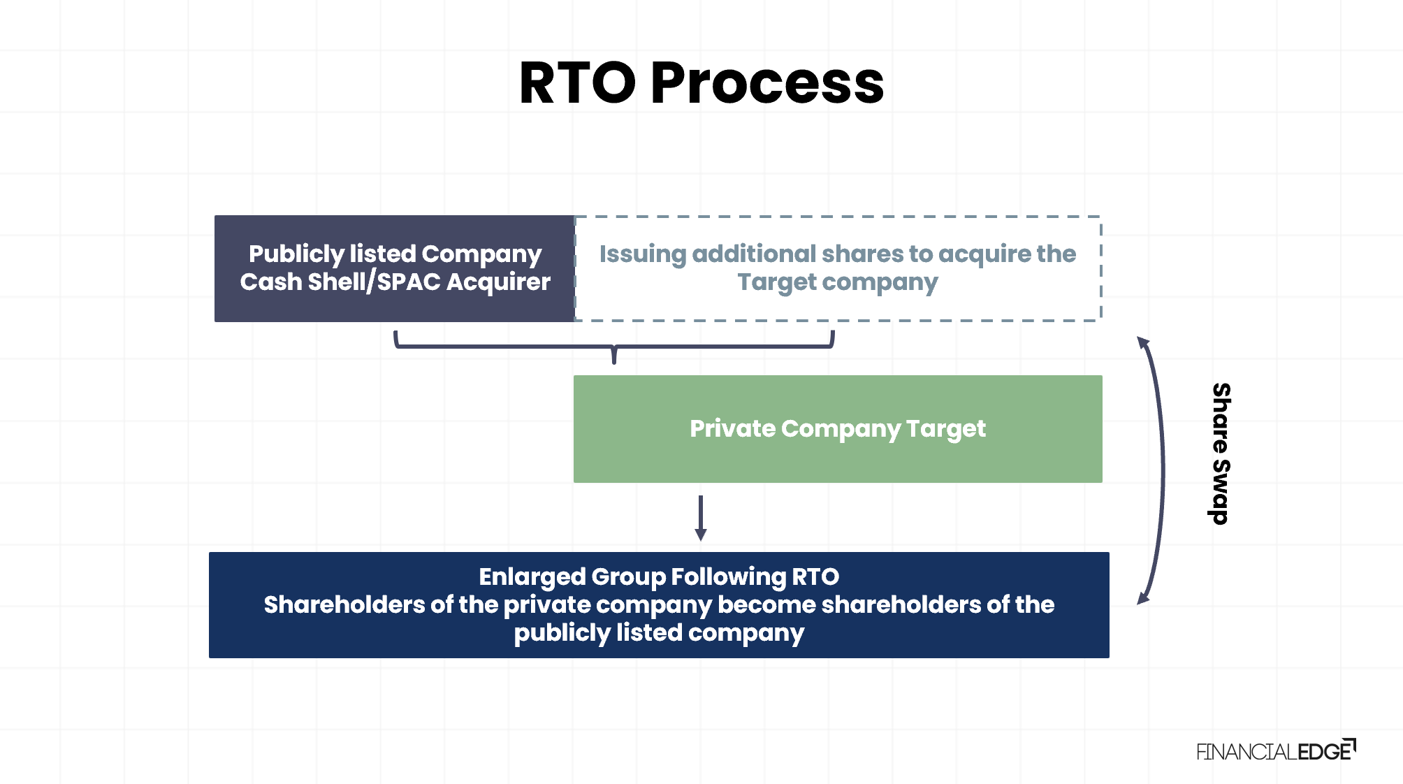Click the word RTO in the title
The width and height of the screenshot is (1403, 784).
click(577, 83)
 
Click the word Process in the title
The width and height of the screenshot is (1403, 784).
click(767, 83)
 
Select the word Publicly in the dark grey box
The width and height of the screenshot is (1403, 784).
click(296, 254)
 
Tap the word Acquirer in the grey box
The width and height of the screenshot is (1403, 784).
click(498, 282)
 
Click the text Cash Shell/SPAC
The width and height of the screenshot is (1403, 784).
click(340, 282)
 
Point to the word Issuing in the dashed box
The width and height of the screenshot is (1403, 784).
click(642, 254)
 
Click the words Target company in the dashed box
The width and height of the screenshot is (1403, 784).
click(838, 282)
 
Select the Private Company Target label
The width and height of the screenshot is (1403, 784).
click(838, 429)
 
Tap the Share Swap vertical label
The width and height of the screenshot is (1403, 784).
click(1221, 454)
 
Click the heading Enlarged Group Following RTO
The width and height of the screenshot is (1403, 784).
click(659, 577)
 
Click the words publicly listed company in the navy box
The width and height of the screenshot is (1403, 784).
click(659, 633)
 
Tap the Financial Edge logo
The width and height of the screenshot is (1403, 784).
click(1275, 751)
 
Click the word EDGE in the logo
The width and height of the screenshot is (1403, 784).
click(1324, 752)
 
